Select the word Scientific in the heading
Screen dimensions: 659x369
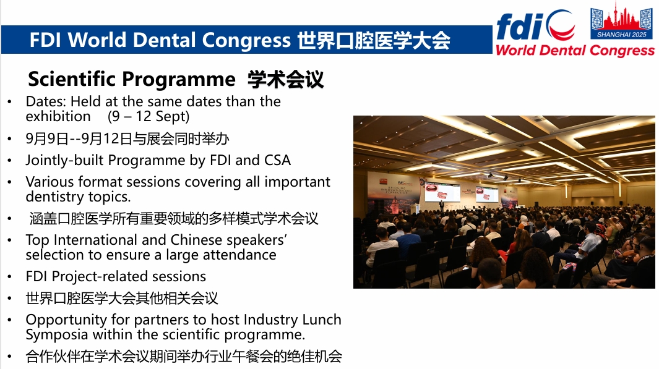(72, 79)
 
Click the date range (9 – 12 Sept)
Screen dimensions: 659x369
(149, 116)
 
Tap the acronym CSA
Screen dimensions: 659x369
(277, 160)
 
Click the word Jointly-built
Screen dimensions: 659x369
(64, 161)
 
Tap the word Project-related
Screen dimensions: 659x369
(100, 277)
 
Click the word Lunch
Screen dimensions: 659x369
(322, 320)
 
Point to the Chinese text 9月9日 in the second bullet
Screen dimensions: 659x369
(46, 139)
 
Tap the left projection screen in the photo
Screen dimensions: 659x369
(442, 192)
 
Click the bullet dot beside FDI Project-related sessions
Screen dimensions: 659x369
(10, 277)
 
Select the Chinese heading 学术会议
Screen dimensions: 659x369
(286, 79)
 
